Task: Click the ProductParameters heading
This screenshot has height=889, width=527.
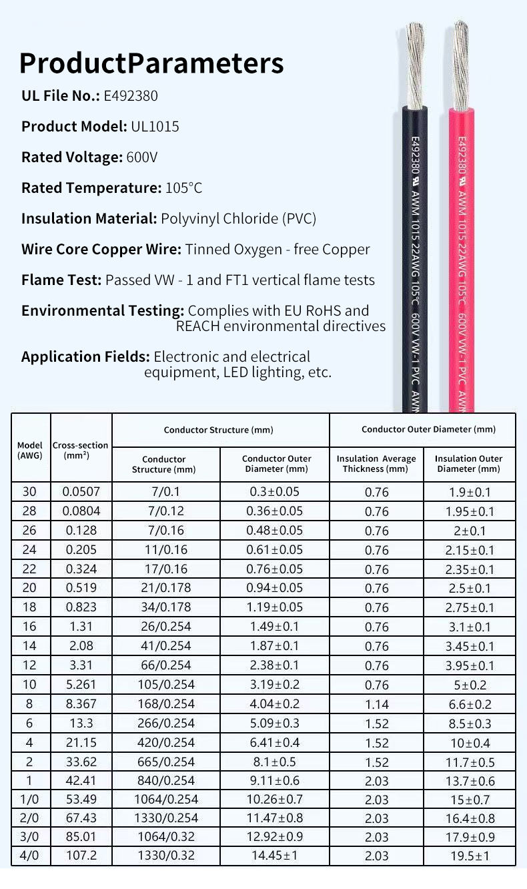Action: tap(151, 63)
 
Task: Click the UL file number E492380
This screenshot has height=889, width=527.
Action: tap(131, 95)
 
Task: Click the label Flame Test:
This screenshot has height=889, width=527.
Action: tap(61, 280)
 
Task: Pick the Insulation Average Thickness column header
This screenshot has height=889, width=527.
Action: tap(376, 463)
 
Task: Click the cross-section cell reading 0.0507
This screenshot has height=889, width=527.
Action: tap(81, 492)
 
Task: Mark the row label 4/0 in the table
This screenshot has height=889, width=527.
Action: tap(30, 856)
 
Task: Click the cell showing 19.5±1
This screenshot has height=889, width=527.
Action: tap(470, 857)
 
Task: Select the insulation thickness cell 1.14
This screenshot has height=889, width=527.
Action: tap(376, 704)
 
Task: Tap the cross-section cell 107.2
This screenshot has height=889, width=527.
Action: tap(81, 856)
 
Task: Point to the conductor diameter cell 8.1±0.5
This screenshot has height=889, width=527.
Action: tap(276, 762)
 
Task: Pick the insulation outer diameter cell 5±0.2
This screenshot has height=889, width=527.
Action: tap(470, 685)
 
